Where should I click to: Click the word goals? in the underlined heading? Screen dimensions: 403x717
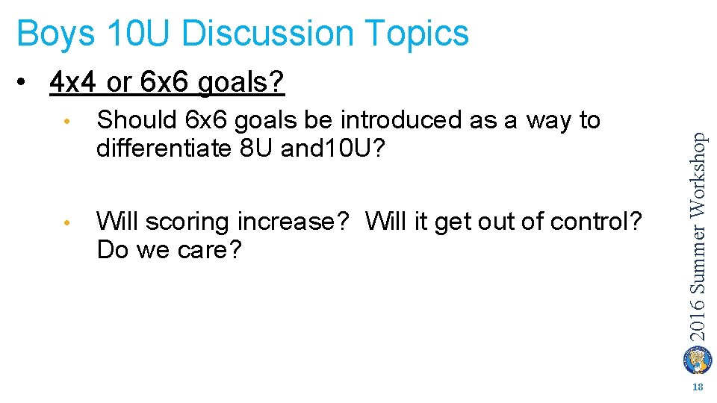[241, 83]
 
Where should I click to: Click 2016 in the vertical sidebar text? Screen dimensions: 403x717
[698, 322]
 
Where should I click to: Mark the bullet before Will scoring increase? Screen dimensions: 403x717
[66, 222]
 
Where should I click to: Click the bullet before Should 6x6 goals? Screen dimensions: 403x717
[66, 121]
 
